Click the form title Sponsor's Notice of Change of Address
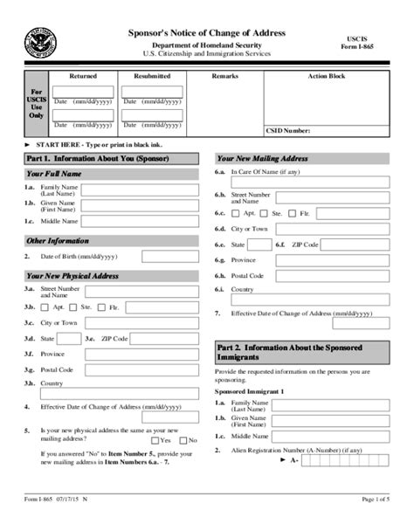[206, 32]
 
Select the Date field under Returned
[83, 114]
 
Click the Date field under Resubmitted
[152, 114]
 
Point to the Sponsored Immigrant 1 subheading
[252, 393]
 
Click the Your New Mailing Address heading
[262, 159]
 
